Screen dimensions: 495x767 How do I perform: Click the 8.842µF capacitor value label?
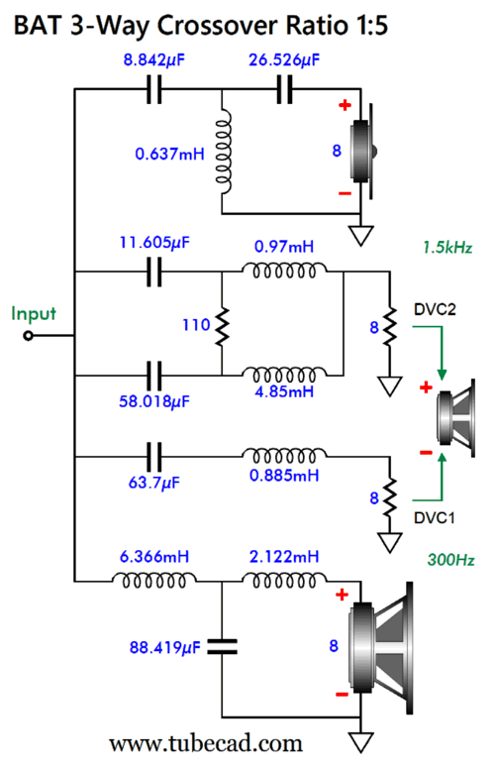pos(153,60)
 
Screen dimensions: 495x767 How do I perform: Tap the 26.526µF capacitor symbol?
pos(284,89)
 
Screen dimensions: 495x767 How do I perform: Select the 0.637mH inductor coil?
pos(223,153)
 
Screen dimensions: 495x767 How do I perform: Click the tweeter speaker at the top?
pos(363,152)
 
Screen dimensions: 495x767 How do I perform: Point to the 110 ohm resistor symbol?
pos(222,325)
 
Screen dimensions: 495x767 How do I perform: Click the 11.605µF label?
pos(154,242)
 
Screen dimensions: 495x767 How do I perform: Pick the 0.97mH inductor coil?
pos(284,271)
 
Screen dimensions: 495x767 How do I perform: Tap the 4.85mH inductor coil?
pos(284,376)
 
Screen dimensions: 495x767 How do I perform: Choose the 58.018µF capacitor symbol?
pos(154,376)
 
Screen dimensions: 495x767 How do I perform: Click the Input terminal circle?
pos(29,336)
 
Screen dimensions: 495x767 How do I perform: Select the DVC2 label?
pos(435,309)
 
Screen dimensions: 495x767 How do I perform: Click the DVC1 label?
pos(434,517)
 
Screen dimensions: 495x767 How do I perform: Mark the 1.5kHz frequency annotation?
pos(447,248)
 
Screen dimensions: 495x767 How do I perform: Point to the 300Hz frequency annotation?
pos(450,559)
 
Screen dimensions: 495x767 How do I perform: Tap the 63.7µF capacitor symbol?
pos(154,457)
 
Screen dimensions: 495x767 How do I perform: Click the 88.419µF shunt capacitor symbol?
pos(222,647)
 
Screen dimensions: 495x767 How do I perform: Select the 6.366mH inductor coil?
pos(154,581)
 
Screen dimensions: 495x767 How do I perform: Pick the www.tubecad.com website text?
pos(206,744)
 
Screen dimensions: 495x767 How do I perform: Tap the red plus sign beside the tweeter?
pos(345,105)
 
